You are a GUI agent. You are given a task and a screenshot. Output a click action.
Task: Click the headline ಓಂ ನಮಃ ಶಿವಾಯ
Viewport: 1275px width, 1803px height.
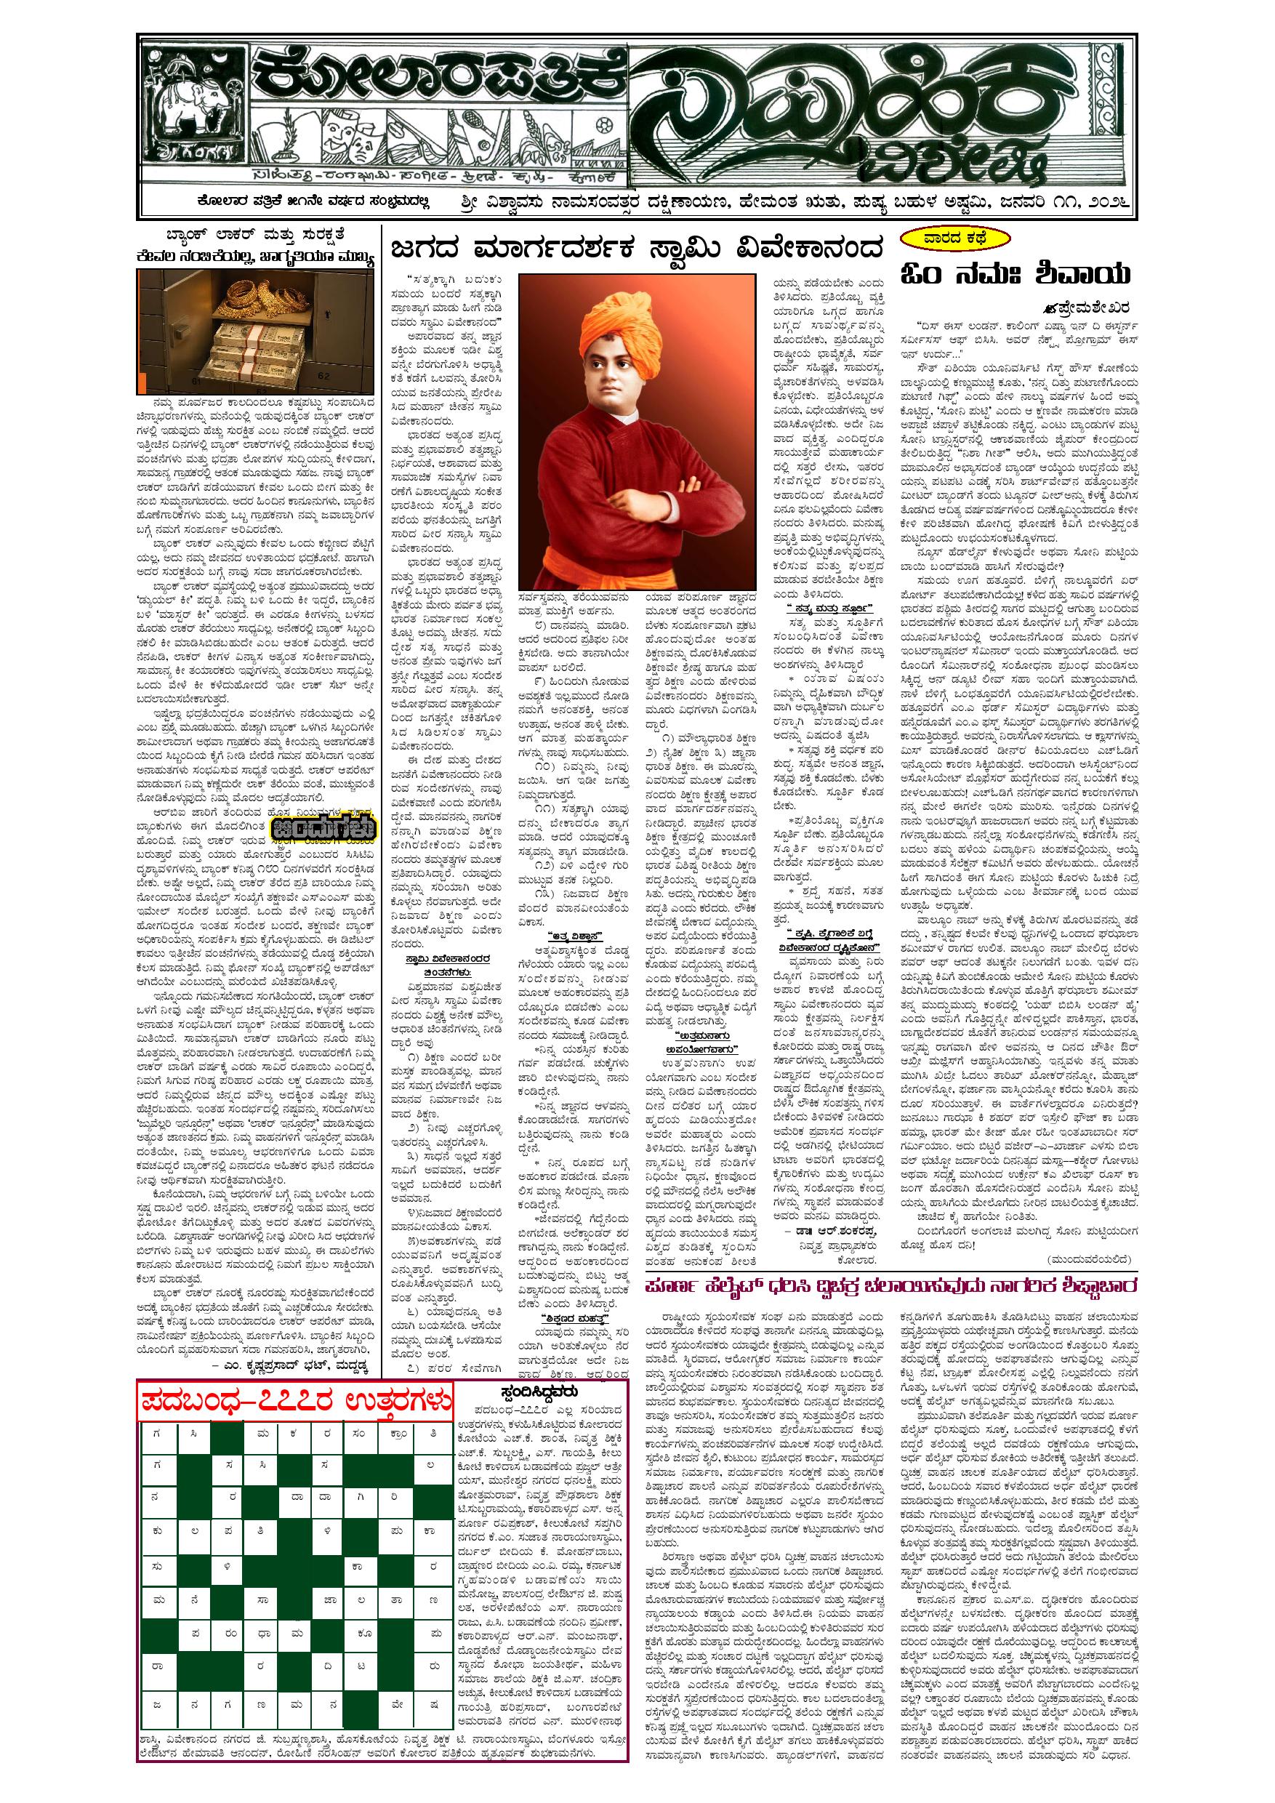click(x=1016, y=274)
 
